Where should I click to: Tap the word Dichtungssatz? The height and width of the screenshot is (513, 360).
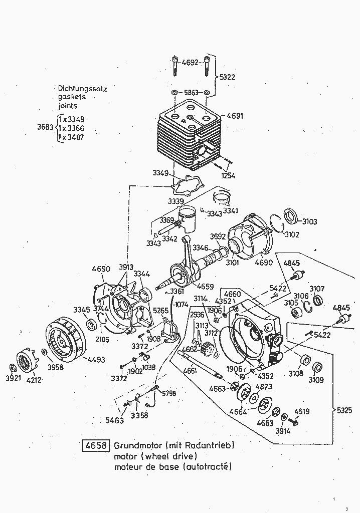pos(83,89)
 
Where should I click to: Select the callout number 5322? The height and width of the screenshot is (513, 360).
pos(227,77)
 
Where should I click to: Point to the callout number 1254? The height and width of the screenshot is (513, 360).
pos(227,175)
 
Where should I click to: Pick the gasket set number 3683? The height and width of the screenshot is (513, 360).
pos(46,127)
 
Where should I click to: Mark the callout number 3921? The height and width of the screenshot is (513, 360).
pos(13,378)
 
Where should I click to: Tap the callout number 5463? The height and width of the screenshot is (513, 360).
pos(114,420)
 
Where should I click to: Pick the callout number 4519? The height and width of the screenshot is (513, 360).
pos(301,412)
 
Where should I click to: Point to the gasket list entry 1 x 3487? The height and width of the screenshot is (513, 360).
pos(71,137)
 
